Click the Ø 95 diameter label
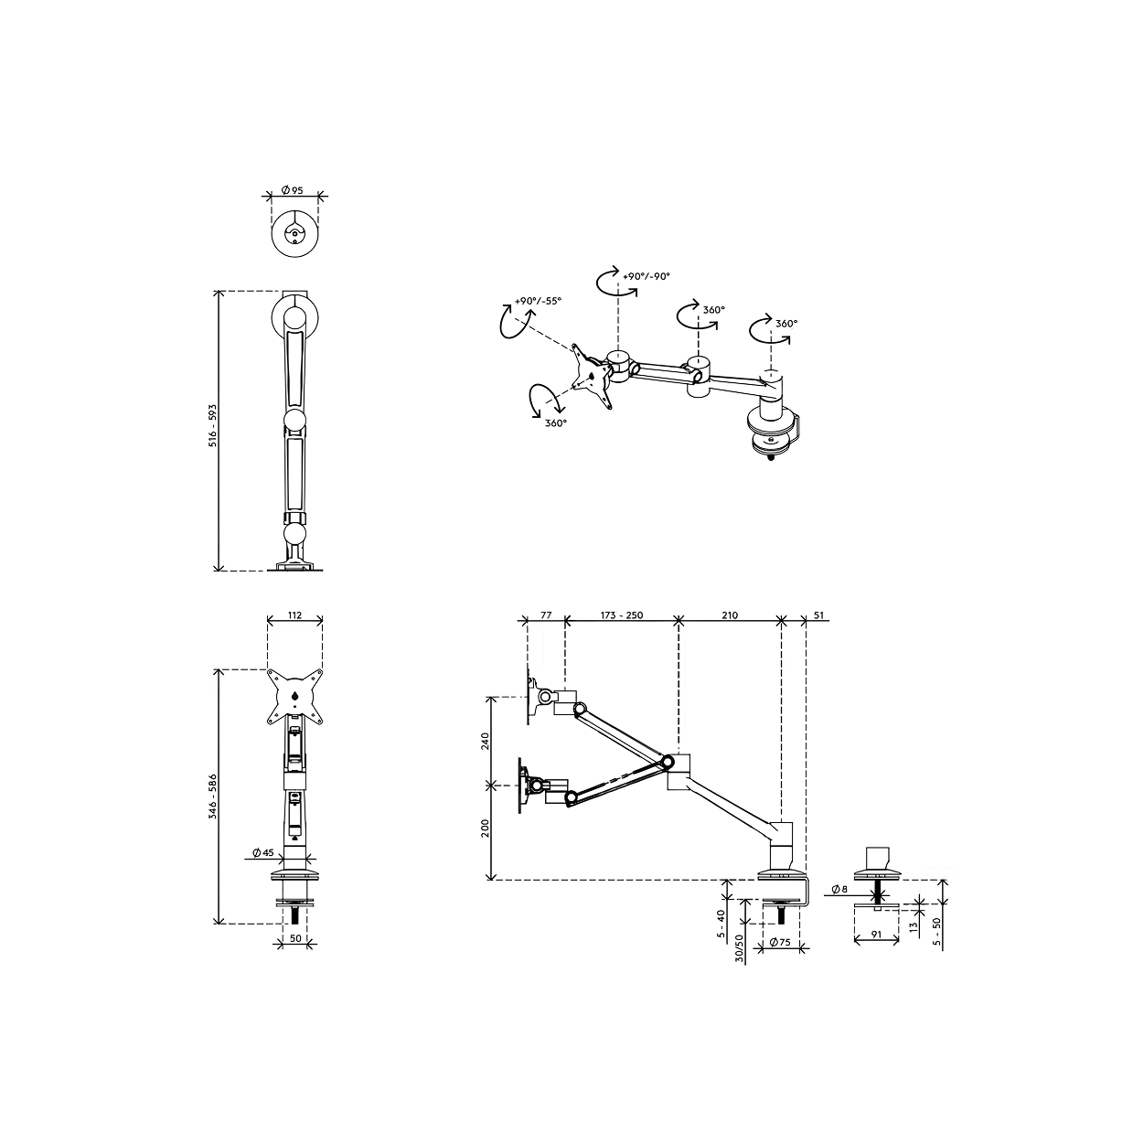click(292, 190)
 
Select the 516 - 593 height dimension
click(213, 425)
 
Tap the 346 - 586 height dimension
click(213, 796)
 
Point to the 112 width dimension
click(294, 615)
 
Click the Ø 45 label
click(262, 852)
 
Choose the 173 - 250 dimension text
click(622, 615)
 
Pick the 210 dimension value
click(729, 615)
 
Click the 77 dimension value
click(546, 615)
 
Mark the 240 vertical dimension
click(485, 741)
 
